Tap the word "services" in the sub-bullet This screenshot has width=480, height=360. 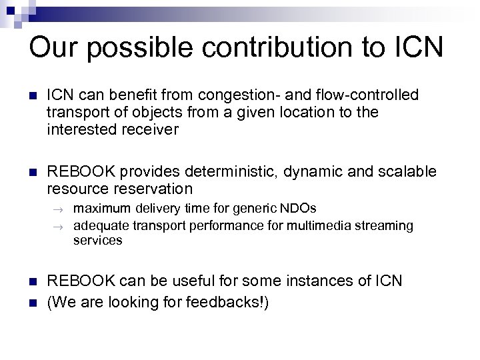pyautogui.click(x=97, y=240)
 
